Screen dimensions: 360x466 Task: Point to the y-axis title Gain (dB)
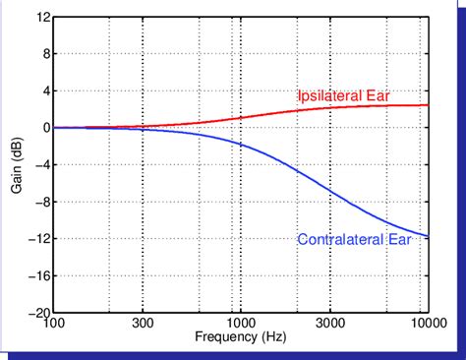18,165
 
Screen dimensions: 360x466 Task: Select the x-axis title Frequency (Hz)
241,337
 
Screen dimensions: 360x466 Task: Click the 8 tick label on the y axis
45,53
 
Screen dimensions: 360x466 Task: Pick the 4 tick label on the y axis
45,90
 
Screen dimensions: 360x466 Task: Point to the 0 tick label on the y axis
45,128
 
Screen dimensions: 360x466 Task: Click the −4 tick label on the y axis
41,164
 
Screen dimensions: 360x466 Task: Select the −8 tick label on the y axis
41,202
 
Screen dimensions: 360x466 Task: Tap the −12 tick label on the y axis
38,239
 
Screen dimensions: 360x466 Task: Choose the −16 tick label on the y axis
38,276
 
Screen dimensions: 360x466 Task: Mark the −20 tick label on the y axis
38,313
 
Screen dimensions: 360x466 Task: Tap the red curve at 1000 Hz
241,118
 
